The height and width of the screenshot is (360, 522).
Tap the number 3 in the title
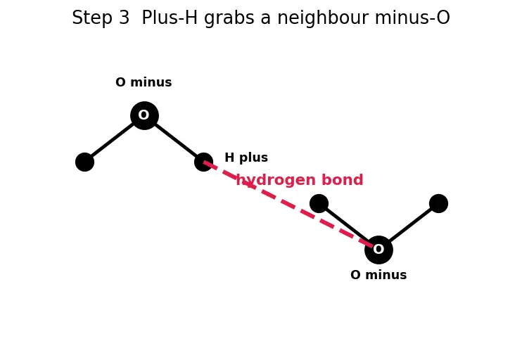(x=124, y=18)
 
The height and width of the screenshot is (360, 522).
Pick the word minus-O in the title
(x=412, y=18)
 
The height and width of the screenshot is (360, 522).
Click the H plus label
(x=246, y=157)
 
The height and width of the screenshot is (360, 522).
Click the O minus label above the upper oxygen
(x=144, y=82)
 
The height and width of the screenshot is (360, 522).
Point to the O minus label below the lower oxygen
(x=378, y=275)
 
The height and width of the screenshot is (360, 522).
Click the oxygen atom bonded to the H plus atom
(x=144, y=115)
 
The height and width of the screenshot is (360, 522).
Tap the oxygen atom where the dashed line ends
(x=379, y=250)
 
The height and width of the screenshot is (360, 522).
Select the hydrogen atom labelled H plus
(x=204, y=162)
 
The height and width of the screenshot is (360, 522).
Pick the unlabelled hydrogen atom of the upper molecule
(x=84, y=162)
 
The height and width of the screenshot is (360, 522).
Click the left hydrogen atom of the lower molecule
(x=319, y=203)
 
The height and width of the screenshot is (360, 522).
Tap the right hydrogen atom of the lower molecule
(x=438, y=203)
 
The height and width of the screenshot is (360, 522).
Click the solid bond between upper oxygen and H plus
(x=174, y=139)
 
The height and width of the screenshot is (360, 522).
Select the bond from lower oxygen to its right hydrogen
(x=409, y=226)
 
